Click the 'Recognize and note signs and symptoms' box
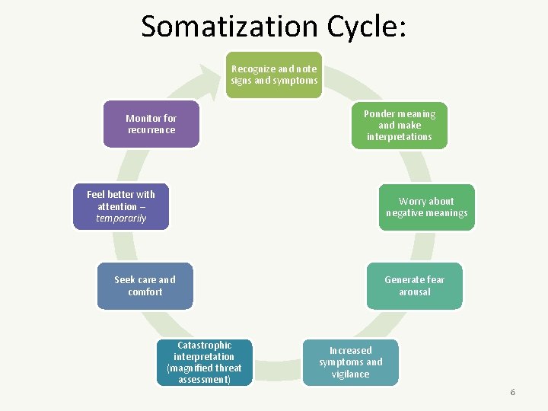click(x=274, y=75)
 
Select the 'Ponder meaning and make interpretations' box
click(x=399, y=126)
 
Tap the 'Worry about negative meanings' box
click(x=426, y=207)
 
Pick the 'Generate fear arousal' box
click(x=414, y=285)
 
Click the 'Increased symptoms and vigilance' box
click(x=350, y=362)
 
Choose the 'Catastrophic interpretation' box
click(x=204, y=362)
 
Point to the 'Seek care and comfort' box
click(x=145, y=285)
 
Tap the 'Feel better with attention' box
click(x=121, y=206)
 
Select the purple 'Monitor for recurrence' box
click(x=151, y=124)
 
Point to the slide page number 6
click(x=512, y=392)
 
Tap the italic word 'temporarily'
click(x=121, y=218)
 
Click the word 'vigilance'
click(x=350, y=374)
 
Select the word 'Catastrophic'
click(x=204, y=345)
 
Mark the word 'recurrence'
click(x=151, y=130)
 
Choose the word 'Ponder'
click(x=378, y=114)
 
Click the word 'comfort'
click(x=145, y=292)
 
